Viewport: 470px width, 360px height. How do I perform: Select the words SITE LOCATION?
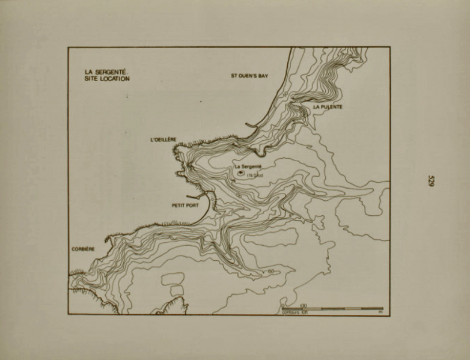pyautogui.click(x=107, y=78)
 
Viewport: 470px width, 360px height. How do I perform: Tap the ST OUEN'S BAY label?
pyautogui.click(x=249, y=76)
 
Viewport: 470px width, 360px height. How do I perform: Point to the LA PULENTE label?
pyautogui.click(x=328, y=106)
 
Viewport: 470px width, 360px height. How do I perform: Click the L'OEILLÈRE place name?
pyautogui.click(x=162, y=139)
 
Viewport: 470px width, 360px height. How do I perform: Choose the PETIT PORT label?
pyautogui.click(x=185, y=205)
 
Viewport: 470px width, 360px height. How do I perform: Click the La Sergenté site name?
pyautogui.click(x=248, y=166)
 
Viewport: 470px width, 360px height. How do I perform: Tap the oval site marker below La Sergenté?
pyautogui.click(x=241, y=173)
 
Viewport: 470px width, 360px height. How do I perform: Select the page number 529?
pyautogui.click(x=431, y=180)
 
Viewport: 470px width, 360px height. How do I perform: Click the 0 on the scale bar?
pyautogui.click(x=282, y=305)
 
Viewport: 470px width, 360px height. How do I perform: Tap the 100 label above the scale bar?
pyautogui.click(x=303, y=305)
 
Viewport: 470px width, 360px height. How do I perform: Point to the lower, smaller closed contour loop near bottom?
pyautogui.click(x=176, y=290)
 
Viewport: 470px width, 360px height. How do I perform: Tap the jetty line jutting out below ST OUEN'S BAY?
pyautogui.click(x=253, y=124)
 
